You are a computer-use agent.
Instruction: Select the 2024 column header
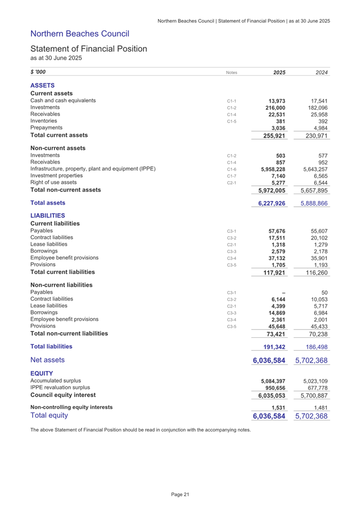pos(319,72)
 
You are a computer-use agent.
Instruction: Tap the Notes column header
pos(230,72)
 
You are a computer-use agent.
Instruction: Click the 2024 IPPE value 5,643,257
pos(314,169)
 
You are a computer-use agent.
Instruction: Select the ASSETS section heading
pos(43,85)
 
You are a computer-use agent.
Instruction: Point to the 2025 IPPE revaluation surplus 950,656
pos(275,388)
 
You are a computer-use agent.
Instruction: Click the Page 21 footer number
pos(180,495)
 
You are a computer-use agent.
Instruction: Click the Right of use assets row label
pos(53,182)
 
